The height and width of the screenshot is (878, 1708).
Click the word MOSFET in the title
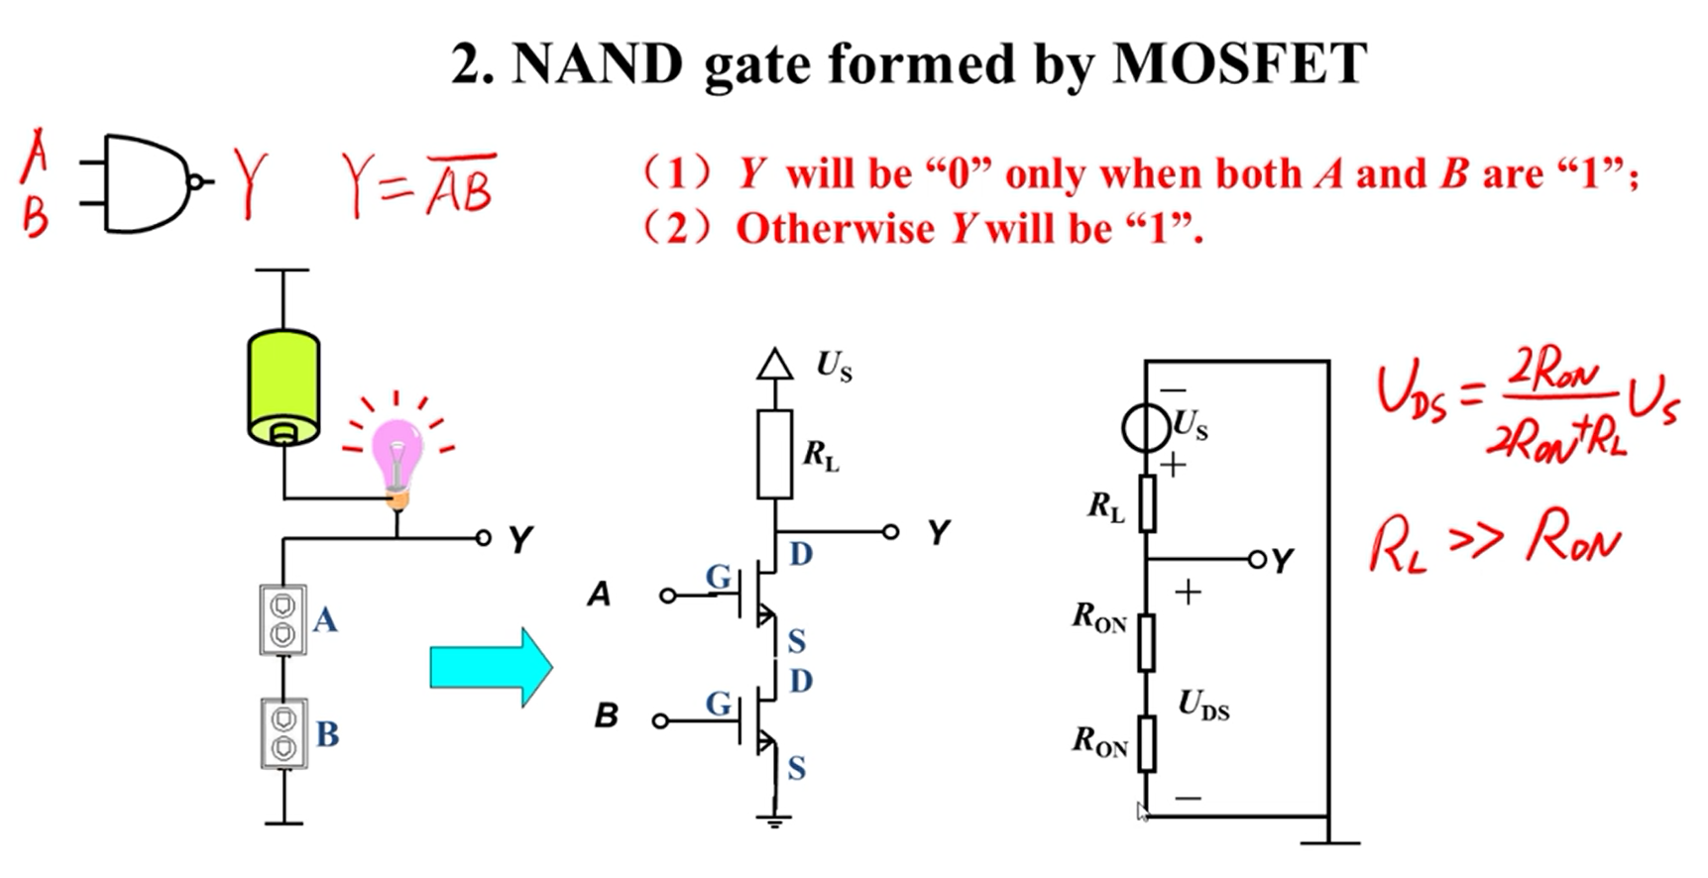1239,64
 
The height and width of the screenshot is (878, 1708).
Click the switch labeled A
284,619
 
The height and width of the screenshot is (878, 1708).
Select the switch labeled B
284,733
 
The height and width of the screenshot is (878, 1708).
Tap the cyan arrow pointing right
491,667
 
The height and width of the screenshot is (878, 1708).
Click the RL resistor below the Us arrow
774,455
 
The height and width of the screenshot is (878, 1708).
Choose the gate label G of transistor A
719,577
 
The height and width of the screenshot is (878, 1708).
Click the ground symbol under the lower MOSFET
774,819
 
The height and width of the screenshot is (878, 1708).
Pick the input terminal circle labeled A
667,596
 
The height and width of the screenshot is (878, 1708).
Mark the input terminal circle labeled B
660,720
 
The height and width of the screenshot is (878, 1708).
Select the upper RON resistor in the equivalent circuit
1146,641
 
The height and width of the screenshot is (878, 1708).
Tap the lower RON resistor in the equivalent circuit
1146,743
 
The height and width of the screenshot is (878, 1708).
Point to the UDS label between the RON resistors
1203,706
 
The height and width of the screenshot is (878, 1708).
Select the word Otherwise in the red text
835,230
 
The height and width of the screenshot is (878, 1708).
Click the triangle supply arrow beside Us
774,365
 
